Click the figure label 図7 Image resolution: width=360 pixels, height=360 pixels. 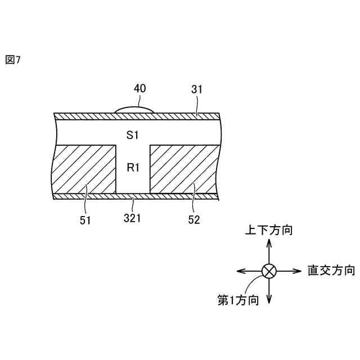[12, 60]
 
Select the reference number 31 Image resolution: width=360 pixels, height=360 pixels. [197, 89]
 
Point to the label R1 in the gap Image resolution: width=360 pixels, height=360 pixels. [132, 168]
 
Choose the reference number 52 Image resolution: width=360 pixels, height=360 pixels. [194, 220]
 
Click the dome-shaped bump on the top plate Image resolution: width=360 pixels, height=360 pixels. [134, 109]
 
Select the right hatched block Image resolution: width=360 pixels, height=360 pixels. [183, 169]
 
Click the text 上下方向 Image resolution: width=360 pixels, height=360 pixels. [268, 230]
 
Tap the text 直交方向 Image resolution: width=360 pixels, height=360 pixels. [331, 270]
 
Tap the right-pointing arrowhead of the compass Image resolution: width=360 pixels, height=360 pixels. [299, 271]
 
